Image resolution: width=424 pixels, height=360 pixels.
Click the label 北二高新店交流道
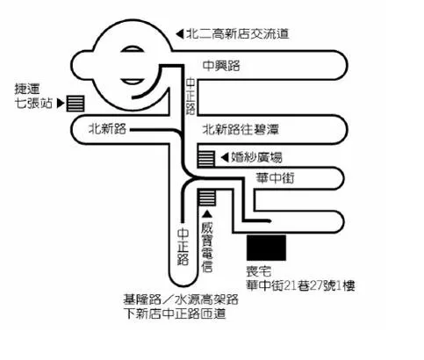[238, 34]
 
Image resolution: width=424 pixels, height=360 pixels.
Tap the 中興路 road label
[221, 66]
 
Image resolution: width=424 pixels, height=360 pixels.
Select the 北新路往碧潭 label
[241, 129]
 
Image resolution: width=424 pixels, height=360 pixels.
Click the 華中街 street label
[275, 177]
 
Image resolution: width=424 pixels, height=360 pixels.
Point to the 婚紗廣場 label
[256, 157]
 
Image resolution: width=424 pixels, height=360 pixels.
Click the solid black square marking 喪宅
[266, 248]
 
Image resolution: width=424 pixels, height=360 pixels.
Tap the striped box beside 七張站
[75, 104]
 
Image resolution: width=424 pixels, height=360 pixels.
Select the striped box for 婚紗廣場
[206, 158]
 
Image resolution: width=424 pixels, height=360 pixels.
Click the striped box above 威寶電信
[207, 198]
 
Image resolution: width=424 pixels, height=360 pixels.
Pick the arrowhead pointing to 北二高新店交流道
[180, 34]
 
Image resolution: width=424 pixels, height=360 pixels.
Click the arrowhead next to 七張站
[61, 103]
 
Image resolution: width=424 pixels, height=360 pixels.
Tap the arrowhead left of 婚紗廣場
[225, 157]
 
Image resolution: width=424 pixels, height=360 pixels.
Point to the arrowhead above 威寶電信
[207, 214]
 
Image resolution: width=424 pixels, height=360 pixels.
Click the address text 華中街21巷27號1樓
[300, 285]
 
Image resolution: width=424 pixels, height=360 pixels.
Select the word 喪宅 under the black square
[258, 271]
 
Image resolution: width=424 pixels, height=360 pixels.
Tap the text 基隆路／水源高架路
[181, 299]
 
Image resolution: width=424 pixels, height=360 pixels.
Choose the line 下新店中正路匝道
[175, 313]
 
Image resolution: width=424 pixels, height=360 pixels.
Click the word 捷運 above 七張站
[27, 89]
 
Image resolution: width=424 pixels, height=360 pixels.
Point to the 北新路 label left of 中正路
[107, 129]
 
